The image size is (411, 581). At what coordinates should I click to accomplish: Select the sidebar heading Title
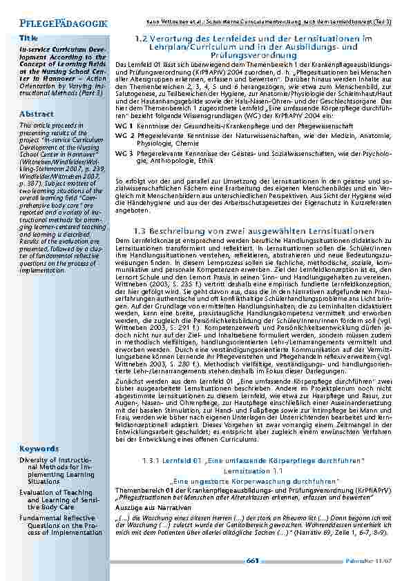click(28, 37)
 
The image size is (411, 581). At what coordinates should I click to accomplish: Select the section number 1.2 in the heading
click(142, 39)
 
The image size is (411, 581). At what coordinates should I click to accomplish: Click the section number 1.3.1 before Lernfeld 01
click(151, 460)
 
